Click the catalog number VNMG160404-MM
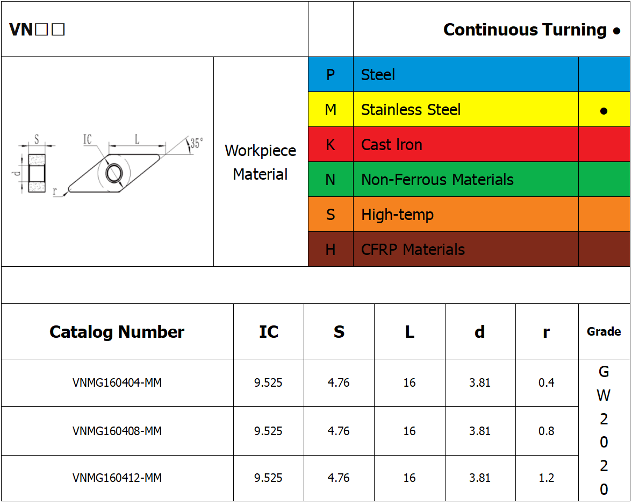click(117, 382)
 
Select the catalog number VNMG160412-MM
click(117, 478)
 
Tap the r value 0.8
click(546, 431)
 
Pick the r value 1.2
click(546, 478)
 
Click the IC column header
click(269, 332)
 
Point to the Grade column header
click(604, 332)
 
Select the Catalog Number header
click(117, 332)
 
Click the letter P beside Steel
click(331, 75)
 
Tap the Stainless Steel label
click(411, 110)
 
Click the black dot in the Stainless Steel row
click(604, 111)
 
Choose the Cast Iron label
click(391, 145)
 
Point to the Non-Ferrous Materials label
click(437, 180)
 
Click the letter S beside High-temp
click(331, 215)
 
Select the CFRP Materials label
click(413, 250)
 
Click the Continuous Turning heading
click(525, 30)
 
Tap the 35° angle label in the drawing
click(196, 143)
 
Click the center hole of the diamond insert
click(114, 173)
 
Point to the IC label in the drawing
click(88, 139)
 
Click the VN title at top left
click(37, 30)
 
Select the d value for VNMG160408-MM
click(479, 431)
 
